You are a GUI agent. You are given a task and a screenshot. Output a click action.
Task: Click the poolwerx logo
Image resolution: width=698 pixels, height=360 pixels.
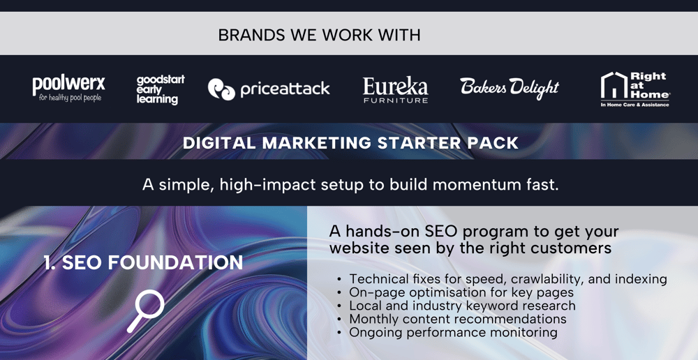coord(69,89)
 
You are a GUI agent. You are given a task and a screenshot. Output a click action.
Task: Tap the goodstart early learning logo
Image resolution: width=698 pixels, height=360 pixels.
coord(161,90)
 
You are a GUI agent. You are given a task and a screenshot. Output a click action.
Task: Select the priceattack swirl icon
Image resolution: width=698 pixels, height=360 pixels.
coord(221,89)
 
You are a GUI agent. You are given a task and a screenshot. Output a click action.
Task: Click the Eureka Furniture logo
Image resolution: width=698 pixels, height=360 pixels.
coord(395,90)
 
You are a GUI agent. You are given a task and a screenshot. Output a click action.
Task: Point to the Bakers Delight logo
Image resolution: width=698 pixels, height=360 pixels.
coord(510,88)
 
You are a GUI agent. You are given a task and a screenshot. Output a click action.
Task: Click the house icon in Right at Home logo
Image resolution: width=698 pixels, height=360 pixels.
coord(614,85)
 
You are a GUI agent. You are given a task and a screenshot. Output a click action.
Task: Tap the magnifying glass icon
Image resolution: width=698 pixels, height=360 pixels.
coord(146,310)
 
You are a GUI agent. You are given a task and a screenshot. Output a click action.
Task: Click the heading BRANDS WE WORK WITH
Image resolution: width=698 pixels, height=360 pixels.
coord(319,35)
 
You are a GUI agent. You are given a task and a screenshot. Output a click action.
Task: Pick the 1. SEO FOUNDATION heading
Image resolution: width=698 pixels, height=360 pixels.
coord(143,262)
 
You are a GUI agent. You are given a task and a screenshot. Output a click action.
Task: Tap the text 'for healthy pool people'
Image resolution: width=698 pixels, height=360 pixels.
coord(70,98)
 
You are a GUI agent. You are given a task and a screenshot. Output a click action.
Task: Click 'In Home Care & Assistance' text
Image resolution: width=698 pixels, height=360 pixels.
coord(634,105)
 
